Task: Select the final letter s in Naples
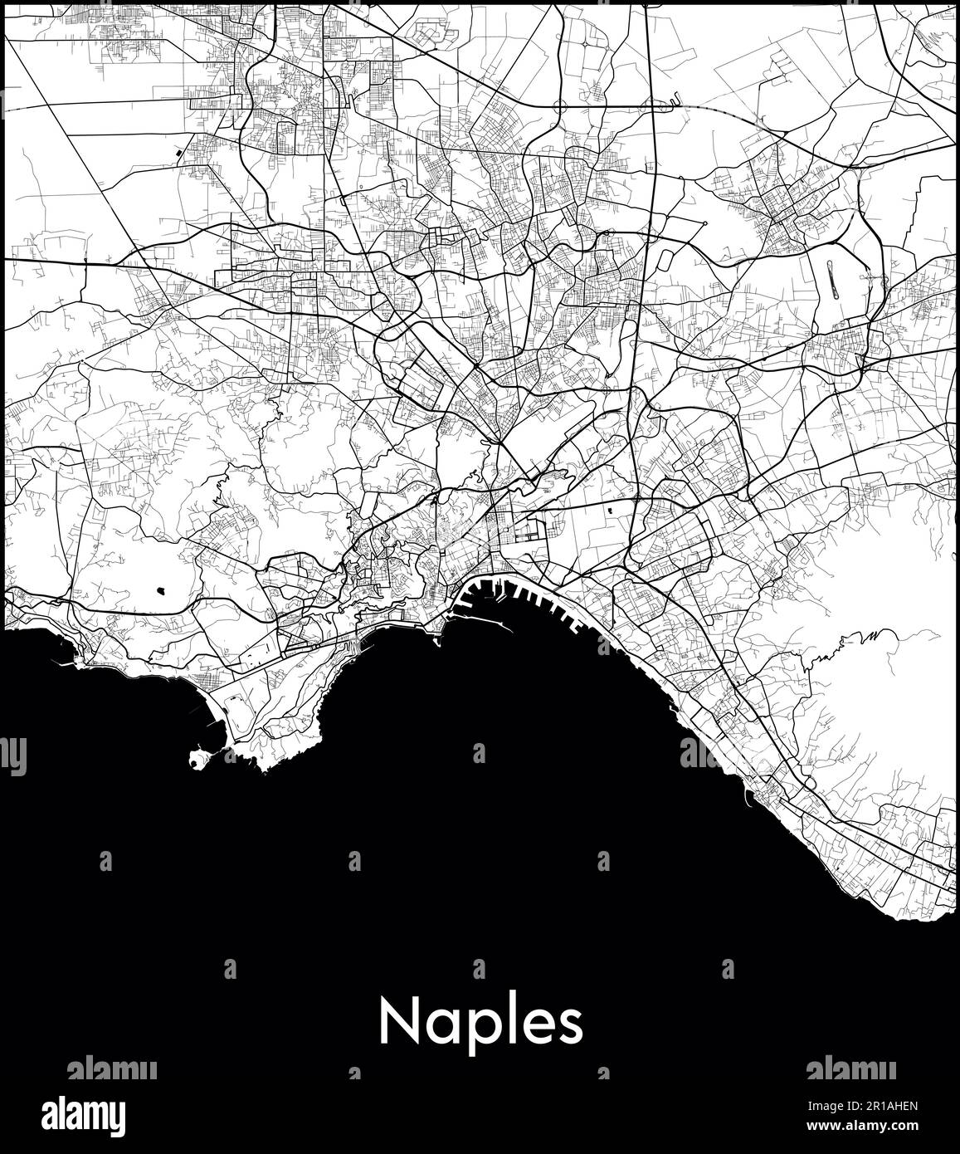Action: pyautogui.click(x=570, y=1027)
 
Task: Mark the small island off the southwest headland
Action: pyautogui.click(x=198, y=758)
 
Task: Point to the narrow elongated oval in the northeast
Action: pyautogui.click(x=832, y=281)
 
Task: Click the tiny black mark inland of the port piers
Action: pyautogui.click(x=612, y=511)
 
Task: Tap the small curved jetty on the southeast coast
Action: pyautogui.click(x=749, y=799)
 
